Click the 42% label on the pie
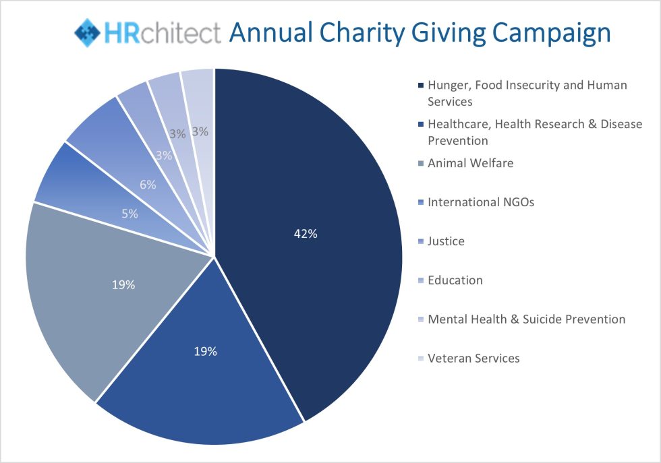(x=305, y=234)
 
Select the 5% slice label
(x=130, y=214)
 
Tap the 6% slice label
(x=148, y=185)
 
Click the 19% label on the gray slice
(x=123, y=284)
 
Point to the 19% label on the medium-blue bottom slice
(x=206, y=351)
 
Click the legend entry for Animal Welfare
(x=470, y=163)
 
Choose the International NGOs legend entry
(x=480, y=202)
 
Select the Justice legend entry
(x=446, y=241)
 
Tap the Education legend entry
(x=455, y=280)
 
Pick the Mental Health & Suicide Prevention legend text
(x=526, y=319)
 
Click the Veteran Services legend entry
(x=473, y=359)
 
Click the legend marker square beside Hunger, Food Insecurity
(x=421, y=86)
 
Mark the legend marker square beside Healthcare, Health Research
(x=421, y=125)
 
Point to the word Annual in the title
(x=268, y=32)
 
